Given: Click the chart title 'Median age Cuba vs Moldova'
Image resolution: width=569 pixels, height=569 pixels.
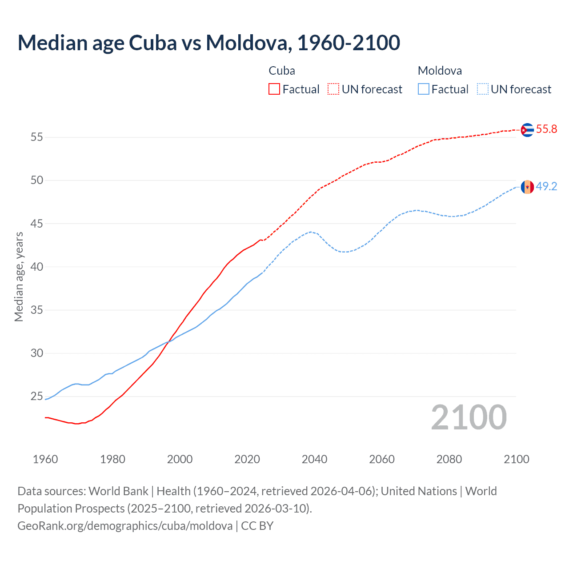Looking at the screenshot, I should (208, 43).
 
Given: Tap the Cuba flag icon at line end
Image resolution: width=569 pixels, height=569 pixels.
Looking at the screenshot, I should (527, 130).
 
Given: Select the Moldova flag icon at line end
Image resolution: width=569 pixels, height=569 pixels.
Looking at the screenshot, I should (527, 187).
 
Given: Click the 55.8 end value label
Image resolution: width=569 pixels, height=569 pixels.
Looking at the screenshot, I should (546, 129).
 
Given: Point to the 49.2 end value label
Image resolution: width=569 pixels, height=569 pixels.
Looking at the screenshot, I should (546, 187).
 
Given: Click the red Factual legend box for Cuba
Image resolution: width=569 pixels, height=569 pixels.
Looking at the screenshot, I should (274, 89).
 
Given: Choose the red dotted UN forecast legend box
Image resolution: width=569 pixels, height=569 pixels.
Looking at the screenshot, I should (333, 89).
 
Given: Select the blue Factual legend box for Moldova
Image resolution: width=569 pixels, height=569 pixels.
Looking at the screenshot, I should (424, 89).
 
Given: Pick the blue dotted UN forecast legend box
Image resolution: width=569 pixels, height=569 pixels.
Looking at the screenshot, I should (483, 89).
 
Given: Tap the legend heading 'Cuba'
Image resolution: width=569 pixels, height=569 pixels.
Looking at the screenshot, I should (282, 71).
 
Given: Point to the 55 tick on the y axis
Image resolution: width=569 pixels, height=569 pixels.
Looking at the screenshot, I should (37, 137).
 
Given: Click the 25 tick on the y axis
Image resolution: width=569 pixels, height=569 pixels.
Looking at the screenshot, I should (37, 397).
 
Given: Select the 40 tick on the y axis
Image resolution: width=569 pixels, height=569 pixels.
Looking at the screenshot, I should (37, 267).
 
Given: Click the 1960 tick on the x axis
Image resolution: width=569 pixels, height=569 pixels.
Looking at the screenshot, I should (45, 459).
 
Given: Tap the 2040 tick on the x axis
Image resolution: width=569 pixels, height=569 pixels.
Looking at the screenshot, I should (314, 459).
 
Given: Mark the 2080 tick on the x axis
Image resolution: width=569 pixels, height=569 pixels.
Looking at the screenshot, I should (449, 459).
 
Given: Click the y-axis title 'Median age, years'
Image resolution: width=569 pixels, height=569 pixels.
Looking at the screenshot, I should (19, 276).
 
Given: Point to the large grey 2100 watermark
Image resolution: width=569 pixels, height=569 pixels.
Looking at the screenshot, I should (469, 417).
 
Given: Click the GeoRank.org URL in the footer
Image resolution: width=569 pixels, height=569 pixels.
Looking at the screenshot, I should (125, 526).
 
